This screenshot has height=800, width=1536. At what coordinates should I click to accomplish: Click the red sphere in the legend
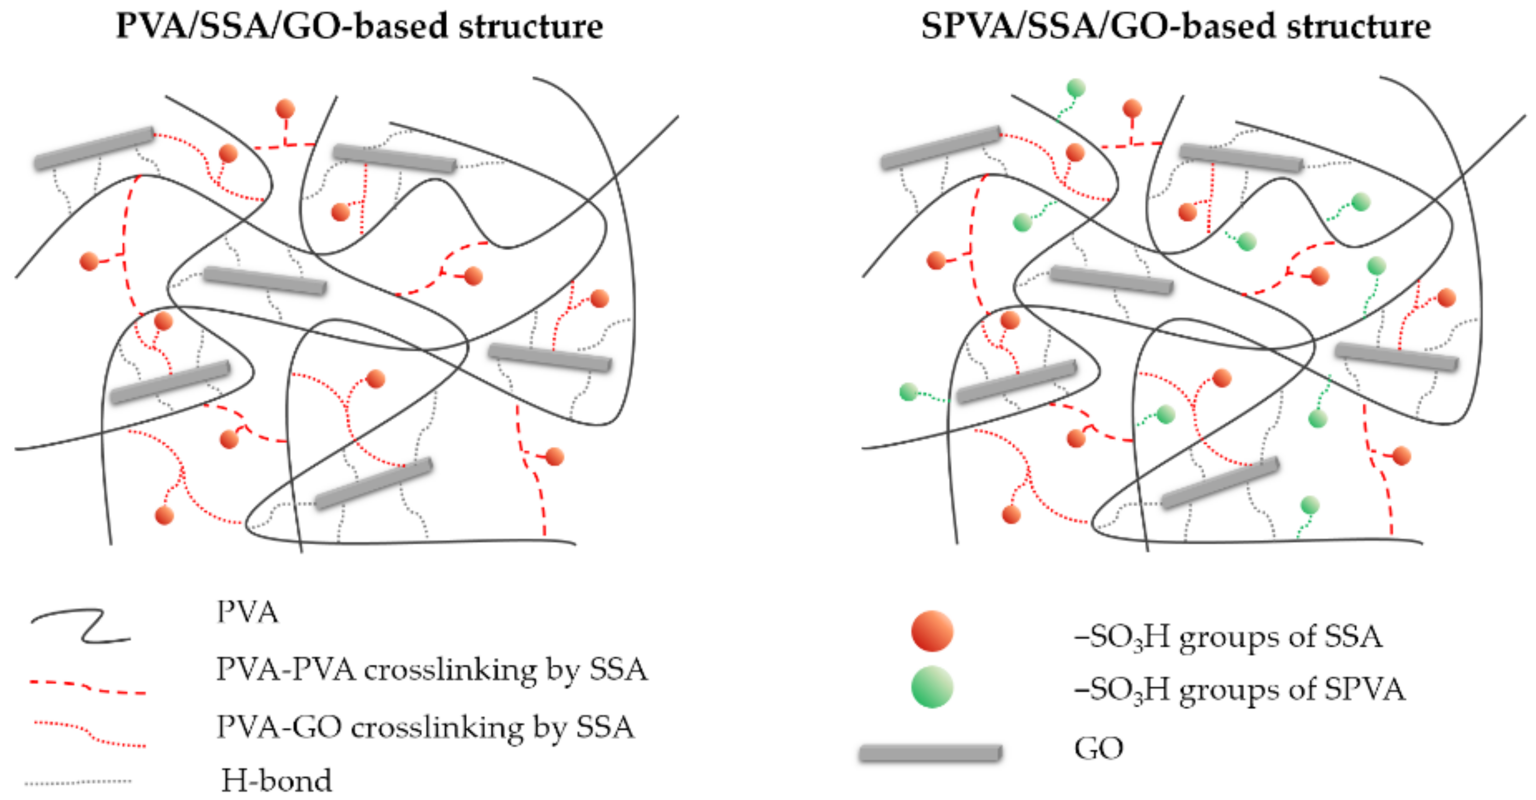932,631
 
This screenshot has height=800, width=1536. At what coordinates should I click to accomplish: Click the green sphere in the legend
932,686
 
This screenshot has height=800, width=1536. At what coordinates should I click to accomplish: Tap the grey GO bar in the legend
930,753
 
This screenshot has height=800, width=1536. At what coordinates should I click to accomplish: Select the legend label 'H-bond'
276,780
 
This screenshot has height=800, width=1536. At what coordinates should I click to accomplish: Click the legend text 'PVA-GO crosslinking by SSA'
425,727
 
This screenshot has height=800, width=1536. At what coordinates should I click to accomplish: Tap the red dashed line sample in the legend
87,687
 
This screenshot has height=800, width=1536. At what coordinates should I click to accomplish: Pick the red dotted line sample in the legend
89,734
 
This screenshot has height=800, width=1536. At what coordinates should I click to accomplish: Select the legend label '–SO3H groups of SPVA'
1239,690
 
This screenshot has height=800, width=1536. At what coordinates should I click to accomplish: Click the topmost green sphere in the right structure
1076,88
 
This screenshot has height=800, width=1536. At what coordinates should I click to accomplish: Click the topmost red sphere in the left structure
285,109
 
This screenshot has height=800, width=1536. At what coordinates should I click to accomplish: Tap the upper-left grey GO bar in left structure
94,147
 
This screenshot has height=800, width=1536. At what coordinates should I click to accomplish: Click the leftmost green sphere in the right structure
908,392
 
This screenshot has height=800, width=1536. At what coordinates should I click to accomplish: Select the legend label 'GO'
1098,748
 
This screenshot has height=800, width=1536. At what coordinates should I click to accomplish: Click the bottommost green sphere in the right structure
1309,505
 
